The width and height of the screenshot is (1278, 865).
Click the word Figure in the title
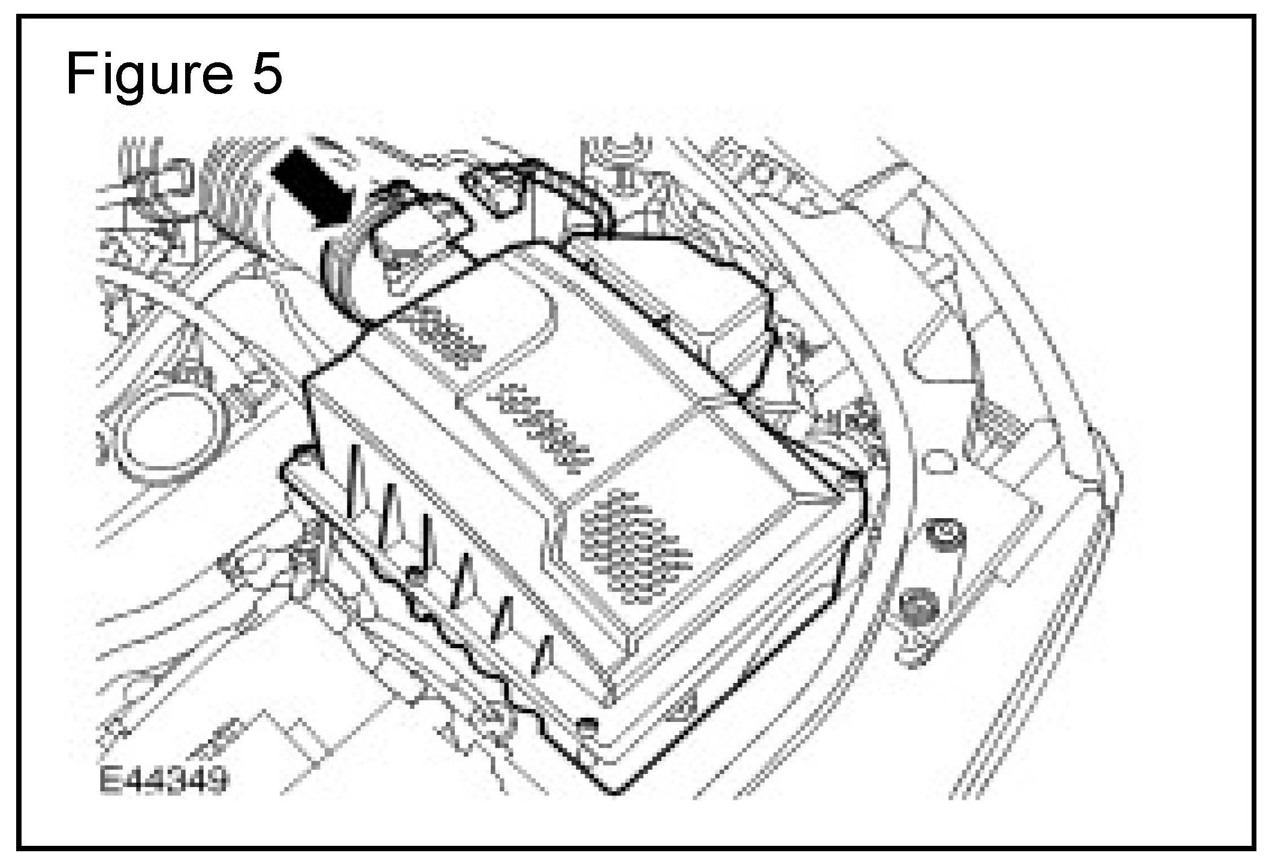(x=147, y=75)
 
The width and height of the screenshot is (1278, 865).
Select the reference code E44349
(x=163, y=779)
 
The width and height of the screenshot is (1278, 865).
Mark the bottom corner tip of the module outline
(x=615, y=793)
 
